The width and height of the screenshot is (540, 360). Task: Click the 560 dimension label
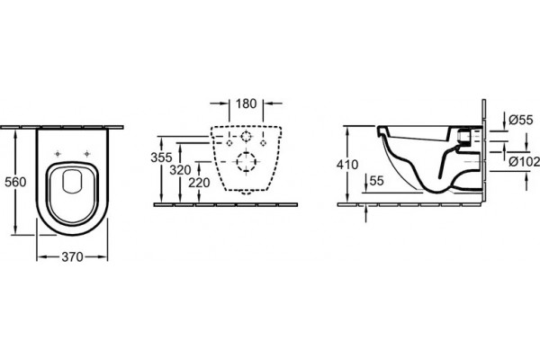pos(15,182)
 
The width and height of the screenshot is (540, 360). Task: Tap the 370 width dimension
pos(72,256)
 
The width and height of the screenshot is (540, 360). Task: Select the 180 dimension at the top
pos(247,103)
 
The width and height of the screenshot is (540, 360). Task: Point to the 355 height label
pos(161,157)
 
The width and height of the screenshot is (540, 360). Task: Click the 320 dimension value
pos(180,169)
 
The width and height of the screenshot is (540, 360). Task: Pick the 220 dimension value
pos(199,183)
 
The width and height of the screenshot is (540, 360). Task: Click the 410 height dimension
pos(347,165)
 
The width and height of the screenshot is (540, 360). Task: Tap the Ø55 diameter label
pos(521,120)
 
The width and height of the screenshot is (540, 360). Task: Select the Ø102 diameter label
pos(524,161)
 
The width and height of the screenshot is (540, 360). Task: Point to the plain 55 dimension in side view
pos(376,181)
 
